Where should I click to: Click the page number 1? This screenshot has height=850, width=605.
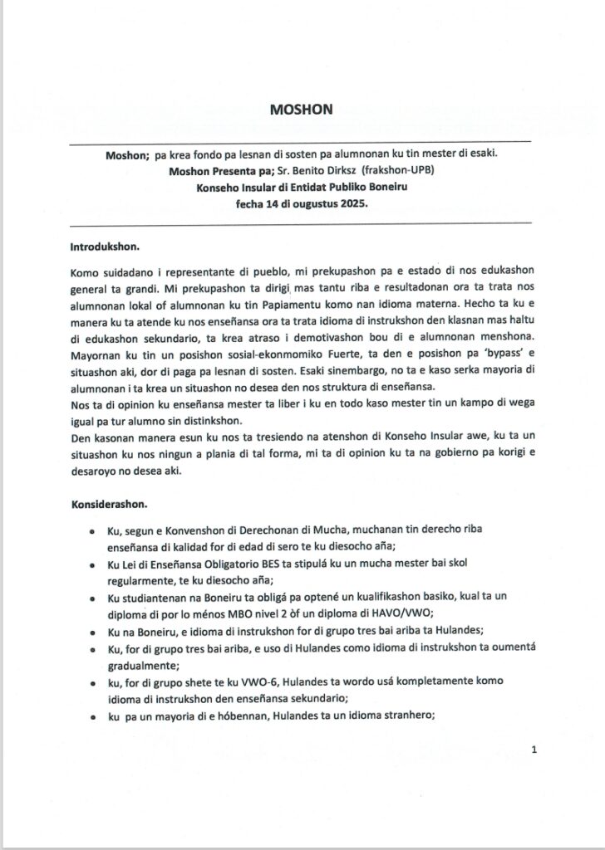pyautogui.click(x=534, y=750)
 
